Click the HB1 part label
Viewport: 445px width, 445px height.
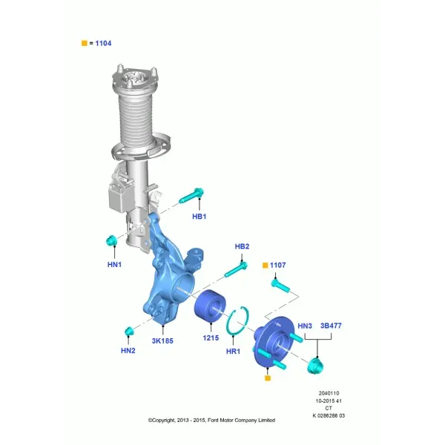click(x=200, y=217)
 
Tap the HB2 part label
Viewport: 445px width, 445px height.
click(x=242, y=246)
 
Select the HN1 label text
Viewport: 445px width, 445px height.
click(x=114, y=265)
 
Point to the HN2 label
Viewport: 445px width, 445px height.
click(x=128, y=351)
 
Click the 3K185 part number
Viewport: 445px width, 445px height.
click(x=162, y=341)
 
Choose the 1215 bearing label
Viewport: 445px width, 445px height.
click(x=211, y=338)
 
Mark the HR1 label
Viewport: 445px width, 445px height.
click(x=233, y=352)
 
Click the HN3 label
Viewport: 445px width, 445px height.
click(x=305, y=326)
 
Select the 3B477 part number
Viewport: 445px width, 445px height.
click(x=331, y=326)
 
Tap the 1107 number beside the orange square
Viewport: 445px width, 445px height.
click(x=277, y=265)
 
